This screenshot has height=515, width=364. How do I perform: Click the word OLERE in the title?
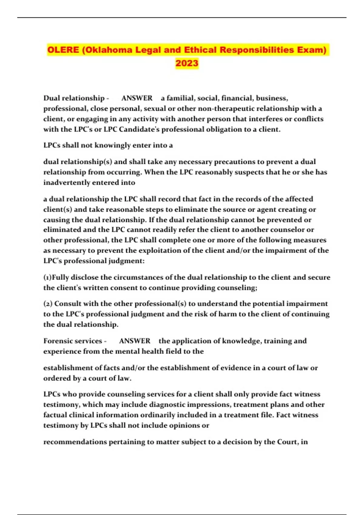pos(63,50)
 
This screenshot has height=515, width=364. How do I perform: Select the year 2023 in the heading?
pos(187,63)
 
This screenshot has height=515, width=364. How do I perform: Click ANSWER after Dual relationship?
pos(137,98)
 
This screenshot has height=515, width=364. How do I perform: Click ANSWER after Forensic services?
pos(135,341)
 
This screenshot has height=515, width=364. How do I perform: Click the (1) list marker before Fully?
pos(48,277)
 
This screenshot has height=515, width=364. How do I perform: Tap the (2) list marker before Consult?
pos(48,304)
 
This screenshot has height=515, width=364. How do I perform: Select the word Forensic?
pos(57,341)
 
